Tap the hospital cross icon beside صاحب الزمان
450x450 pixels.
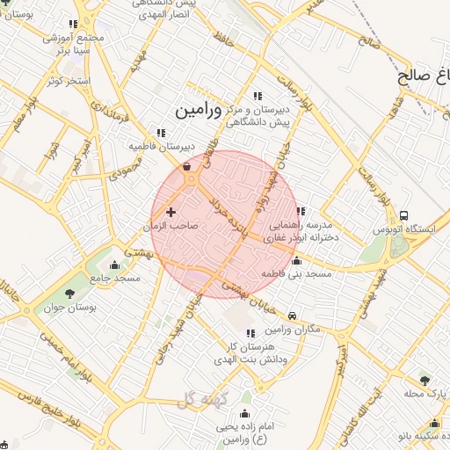171,212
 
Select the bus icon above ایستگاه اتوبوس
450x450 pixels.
403,215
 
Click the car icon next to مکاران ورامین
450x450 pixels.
293,316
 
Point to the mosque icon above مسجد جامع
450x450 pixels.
114,265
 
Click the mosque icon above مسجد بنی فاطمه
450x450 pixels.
296,261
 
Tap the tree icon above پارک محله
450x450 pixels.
425,381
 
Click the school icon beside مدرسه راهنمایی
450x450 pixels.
301,211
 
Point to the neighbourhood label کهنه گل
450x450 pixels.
202,401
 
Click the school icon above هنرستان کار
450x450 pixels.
251,333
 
